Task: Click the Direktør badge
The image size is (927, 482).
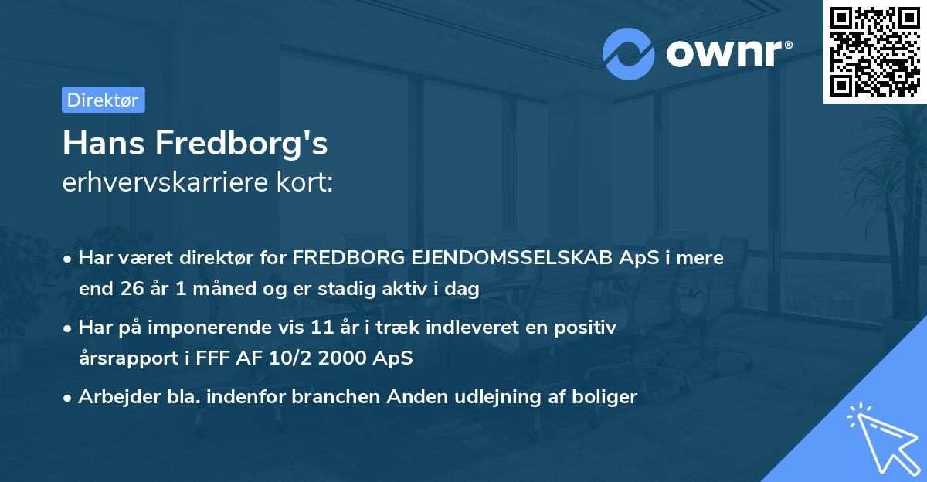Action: click(103, 100)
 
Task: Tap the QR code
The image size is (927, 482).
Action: click(874, 51)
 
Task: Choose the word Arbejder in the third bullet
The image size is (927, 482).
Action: click(114, 397)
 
